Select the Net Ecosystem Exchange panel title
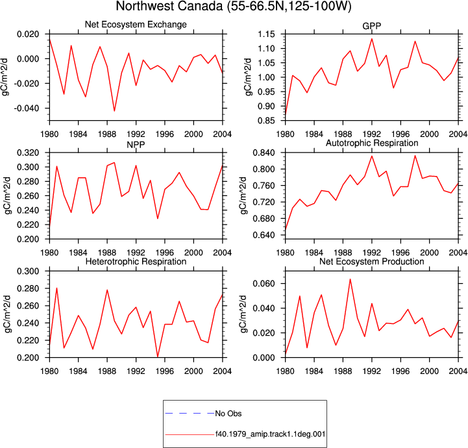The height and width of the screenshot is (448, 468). pos(136,25)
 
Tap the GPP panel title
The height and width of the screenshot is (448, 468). pos(371,26)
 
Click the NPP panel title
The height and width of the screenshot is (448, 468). pos(136,145)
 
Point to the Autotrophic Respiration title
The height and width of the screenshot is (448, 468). pos(372,143)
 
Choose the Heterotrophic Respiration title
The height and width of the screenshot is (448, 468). pos(136,262)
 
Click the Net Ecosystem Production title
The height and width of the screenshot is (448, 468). pos(372,262)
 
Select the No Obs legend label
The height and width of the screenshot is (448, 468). pos(228,414)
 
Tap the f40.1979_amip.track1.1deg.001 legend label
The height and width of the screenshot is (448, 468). pos(271,434)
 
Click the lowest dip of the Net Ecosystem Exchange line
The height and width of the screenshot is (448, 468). pos(114,111)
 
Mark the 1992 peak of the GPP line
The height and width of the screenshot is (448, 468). pos(372,38)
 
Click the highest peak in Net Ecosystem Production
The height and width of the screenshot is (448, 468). pos(350,279)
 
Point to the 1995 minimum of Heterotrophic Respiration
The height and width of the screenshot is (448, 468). pos(158,356)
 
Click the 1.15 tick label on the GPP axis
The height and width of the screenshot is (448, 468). pos(267,34)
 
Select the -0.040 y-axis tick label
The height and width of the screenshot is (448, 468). pos(27,108)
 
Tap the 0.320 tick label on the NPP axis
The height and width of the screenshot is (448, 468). pos(28,153)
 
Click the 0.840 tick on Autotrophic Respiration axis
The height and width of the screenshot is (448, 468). pos(264,153)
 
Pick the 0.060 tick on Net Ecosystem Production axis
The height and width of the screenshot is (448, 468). pos(264,284)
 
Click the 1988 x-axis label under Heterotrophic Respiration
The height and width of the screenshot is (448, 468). pos(107,371)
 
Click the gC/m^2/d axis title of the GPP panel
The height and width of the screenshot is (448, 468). pos(249,77)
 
